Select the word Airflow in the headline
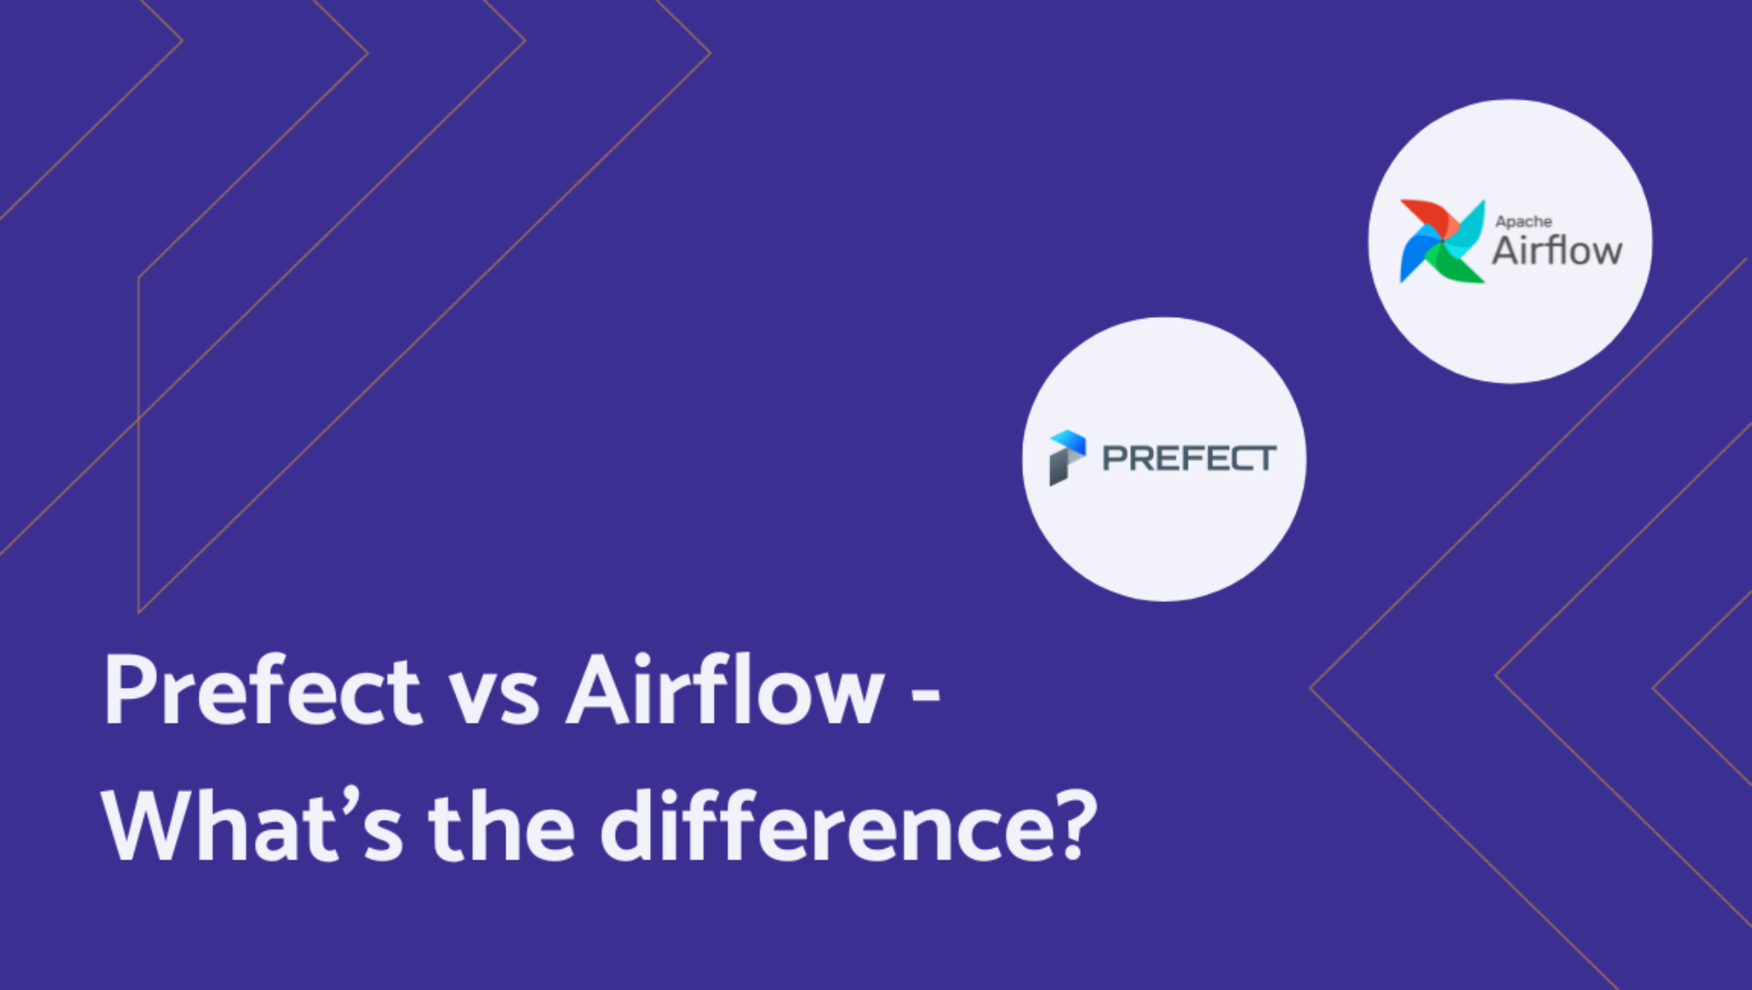coord(725,689)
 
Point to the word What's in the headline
coord(253,824)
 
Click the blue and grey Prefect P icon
coord(1068,457)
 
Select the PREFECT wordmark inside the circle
coord(1189,458)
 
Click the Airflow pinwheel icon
coord(1442,241)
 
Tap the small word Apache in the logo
coord(1523,222)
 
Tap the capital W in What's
coord(149,826)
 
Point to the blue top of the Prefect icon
coord(1069,442)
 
